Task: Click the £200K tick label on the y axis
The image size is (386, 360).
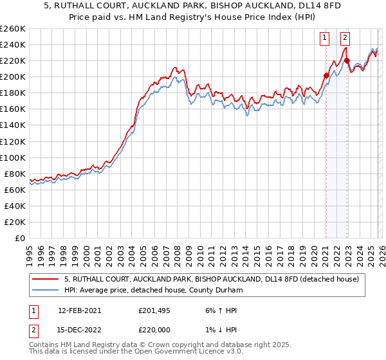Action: tap(13, 76)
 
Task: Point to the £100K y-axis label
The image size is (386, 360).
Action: tap(13, 157)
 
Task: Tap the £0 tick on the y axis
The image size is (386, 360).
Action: tap(19, 238)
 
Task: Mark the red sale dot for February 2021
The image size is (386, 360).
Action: tap(326, 75)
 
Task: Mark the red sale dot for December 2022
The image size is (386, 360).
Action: tap(347, 61)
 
